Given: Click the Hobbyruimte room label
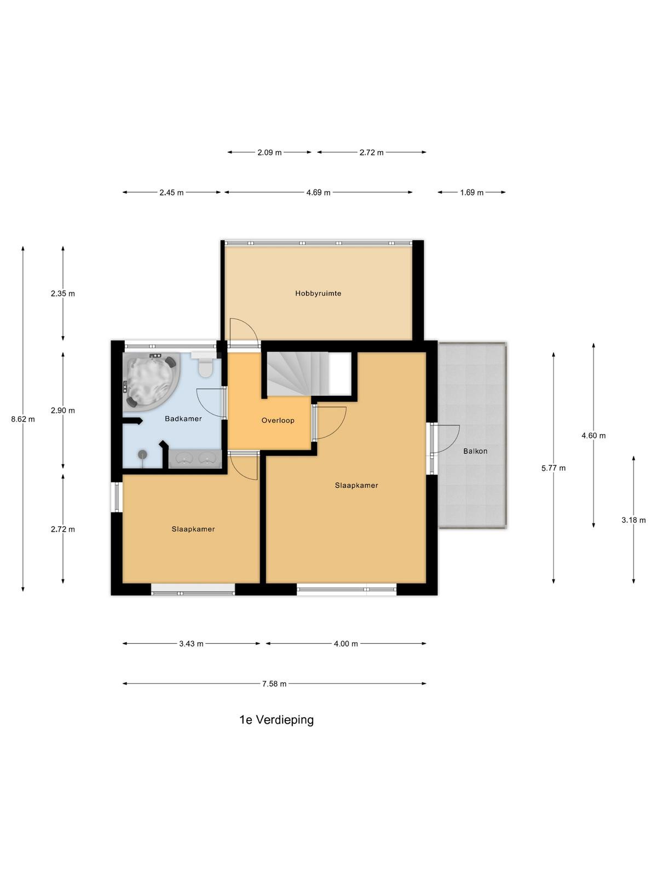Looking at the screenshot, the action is tap(318, 293).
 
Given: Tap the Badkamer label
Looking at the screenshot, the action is tap(183, 419).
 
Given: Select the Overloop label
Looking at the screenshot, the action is tap(278, 420).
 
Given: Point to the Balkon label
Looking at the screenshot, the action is tap(475, 451).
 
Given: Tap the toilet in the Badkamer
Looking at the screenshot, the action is tap(205, 365).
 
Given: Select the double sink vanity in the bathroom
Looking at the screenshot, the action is tap(195, 458).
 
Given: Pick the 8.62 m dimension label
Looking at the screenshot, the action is tap(23, 419).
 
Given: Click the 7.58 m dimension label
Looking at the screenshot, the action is tap(274, 684).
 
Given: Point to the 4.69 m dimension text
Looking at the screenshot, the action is tap(318, 192).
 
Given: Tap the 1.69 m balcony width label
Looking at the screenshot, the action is tap(471, 192).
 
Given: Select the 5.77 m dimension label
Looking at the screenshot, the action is tap(554, 468).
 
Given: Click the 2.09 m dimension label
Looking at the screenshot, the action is tap(269, 152).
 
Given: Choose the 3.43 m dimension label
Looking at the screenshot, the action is tap(191, 643).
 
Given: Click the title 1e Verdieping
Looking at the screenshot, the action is tap(276, 720).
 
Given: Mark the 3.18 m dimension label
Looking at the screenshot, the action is tap(633, 520).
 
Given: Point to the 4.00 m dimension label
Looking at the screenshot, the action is tap(346, 643).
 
